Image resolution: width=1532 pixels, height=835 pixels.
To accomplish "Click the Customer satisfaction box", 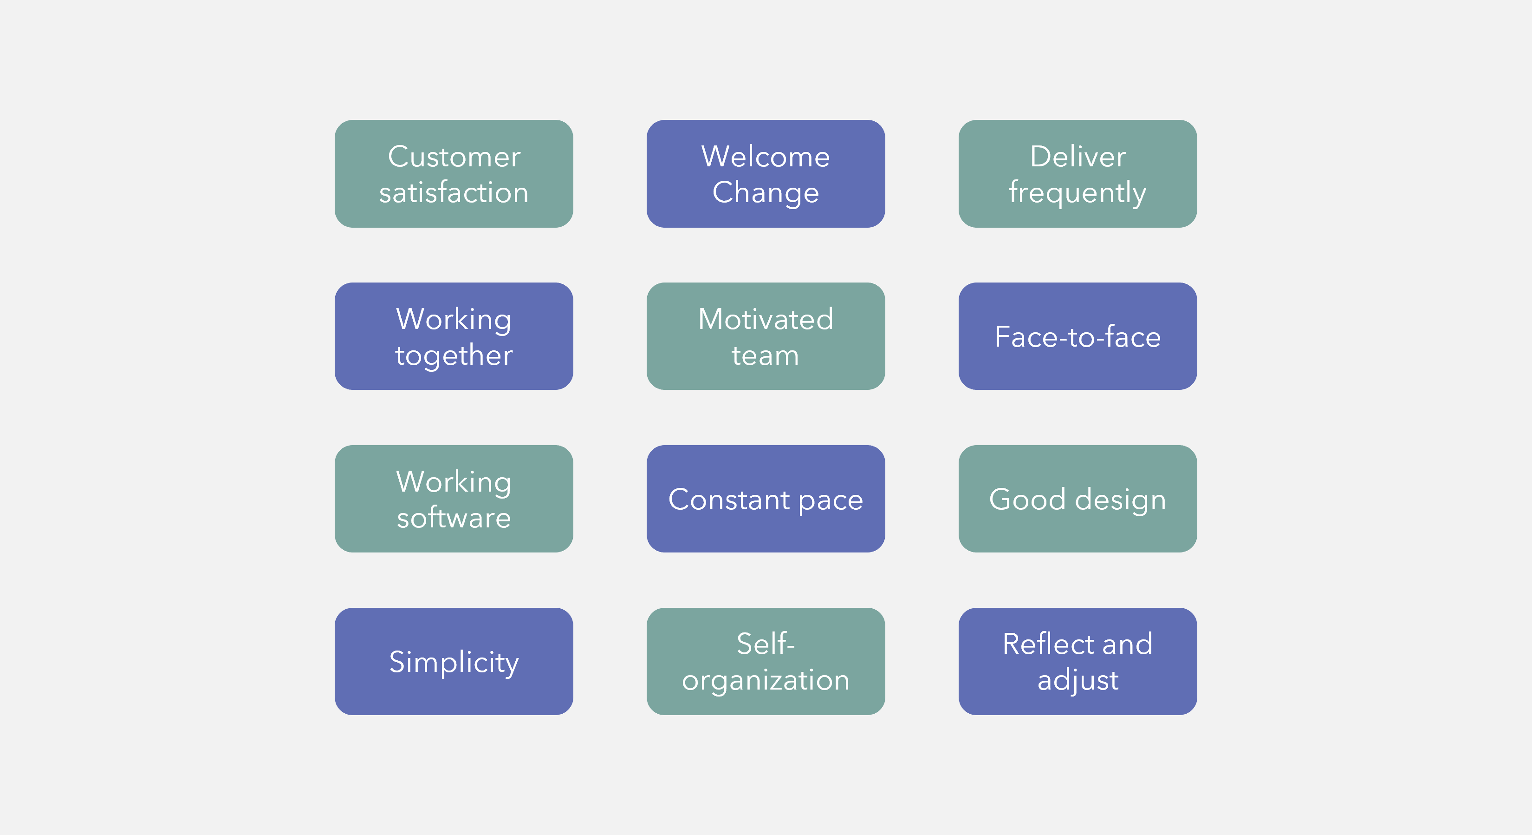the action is click(454, 174).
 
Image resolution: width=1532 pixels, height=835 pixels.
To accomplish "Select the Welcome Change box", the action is click(766, 174).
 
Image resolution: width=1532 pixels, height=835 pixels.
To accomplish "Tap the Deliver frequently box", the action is click(1078, 174).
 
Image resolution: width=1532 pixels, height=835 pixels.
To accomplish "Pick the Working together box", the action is click(454, 336).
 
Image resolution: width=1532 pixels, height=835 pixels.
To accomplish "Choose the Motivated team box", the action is click(766, 336).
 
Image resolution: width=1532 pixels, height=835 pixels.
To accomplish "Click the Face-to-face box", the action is click(1078, 336).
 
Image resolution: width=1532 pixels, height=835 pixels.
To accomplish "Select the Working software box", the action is click(454, 499).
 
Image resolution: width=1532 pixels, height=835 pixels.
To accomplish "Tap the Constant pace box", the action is click(766, 499).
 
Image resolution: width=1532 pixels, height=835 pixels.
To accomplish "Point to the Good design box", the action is click(1078, 499).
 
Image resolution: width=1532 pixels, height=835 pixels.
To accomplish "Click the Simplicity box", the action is click(454, 661).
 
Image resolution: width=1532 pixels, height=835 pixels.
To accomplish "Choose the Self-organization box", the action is click(766, 661).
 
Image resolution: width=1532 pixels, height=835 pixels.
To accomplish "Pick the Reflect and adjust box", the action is click(1078, 661).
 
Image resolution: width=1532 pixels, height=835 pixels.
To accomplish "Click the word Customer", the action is click(454, 157).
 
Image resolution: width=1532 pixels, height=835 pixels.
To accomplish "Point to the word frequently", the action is click(1077, 193).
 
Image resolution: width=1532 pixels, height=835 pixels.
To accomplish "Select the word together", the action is click(454, 356).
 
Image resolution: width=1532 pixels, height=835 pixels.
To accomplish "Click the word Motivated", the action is click(766, 319).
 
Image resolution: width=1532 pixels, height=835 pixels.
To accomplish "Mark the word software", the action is click(454, 517).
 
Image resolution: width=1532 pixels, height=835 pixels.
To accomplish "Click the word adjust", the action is click(1078, 680).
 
